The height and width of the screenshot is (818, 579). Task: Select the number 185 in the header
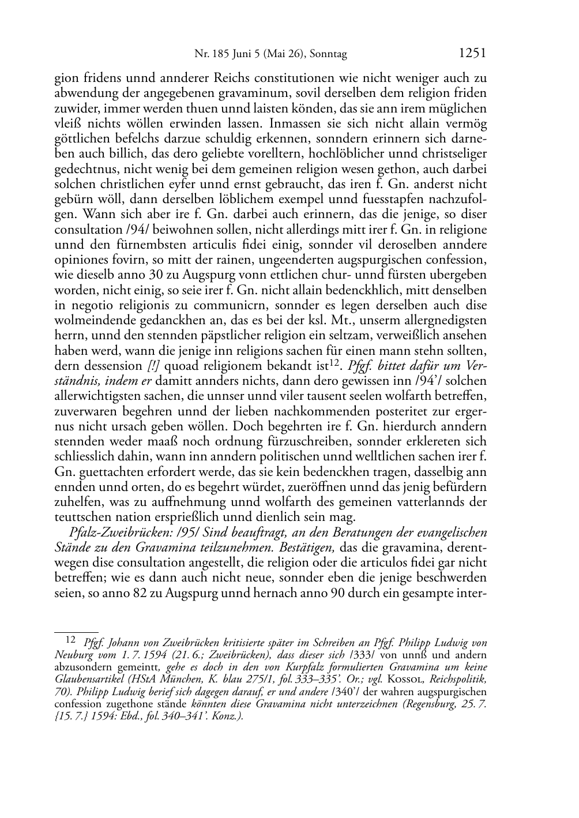pos(220,55)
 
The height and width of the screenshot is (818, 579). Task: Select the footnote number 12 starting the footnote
pos(71,639)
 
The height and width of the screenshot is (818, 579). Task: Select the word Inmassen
pos(294,124)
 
